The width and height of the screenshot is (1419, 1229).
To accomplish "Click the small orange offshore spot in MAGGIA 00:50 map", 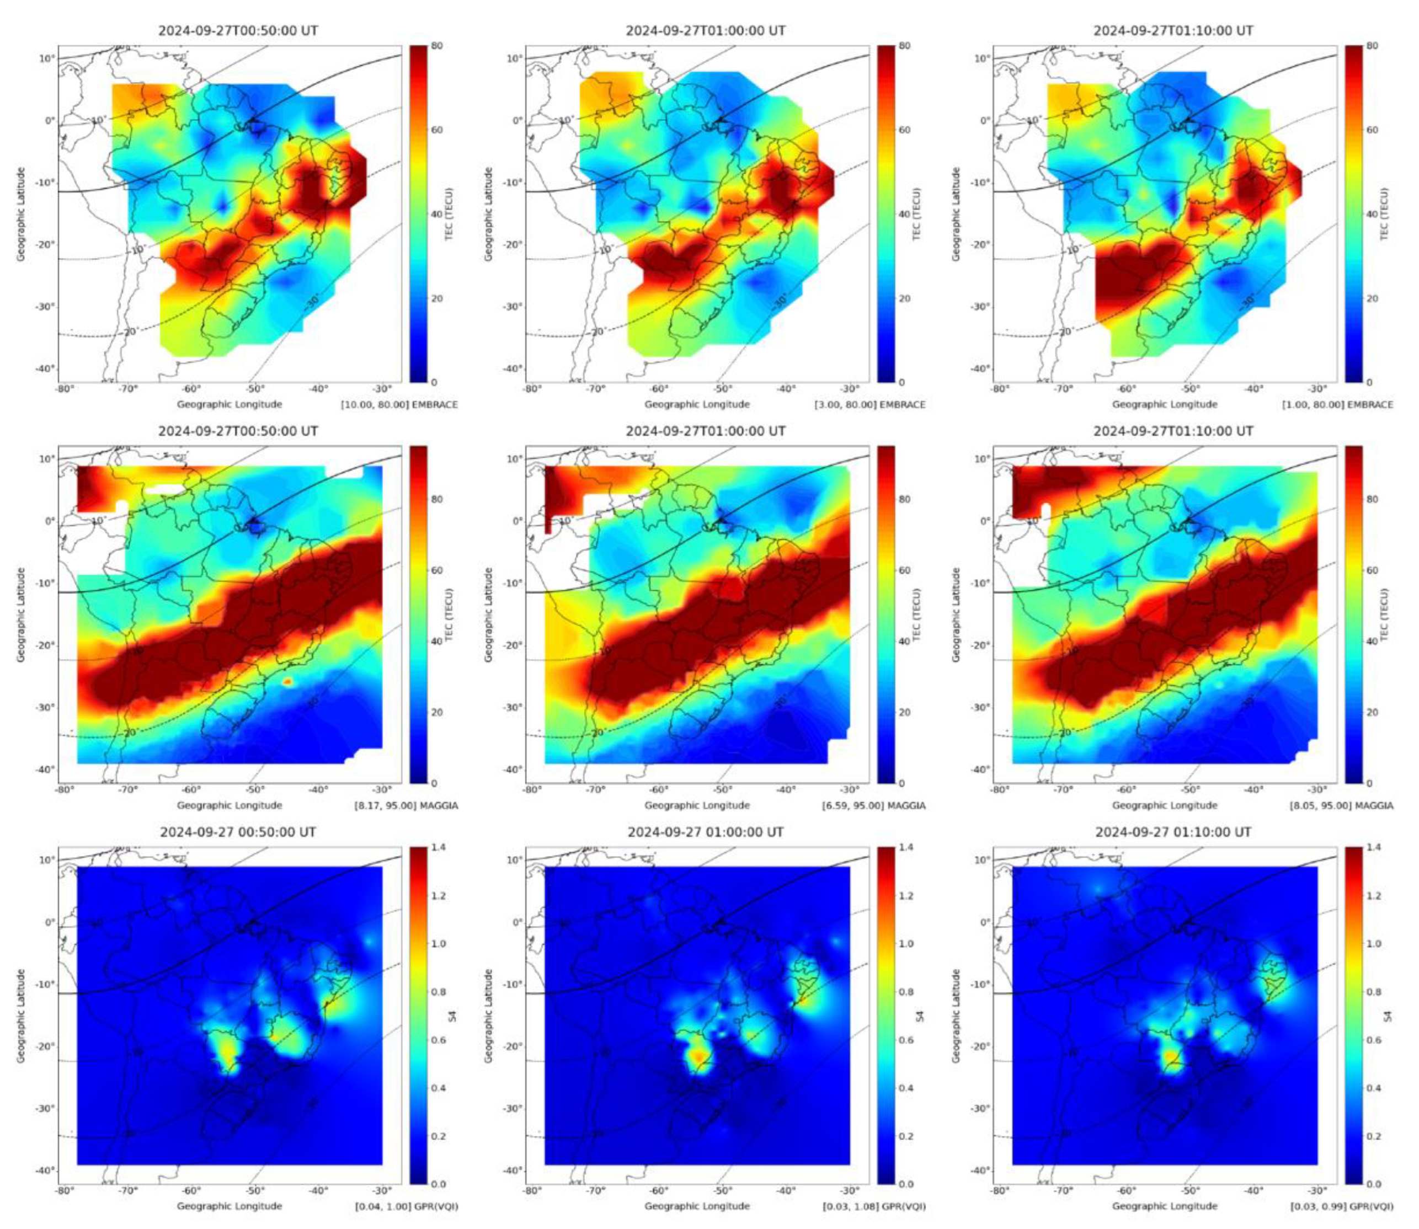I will (x=287, y=681).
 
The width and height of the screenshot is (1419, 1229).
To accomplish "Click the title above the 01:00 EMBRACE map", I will (x=705, y=31).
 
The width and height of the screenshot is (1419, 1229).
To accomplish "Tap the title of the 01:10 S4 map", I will (x=1173, y=832).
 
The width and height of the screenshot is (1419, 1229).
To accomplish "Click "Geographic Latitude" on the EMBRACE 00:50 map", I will (x=22, y=214).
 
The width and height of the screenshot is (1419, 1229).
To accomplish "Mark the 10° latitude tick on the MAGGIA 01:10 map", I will (x=982, y=459).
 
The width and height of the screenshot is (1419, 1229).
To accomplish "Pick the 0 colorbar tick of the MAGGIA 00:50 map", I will (x=435, y=783).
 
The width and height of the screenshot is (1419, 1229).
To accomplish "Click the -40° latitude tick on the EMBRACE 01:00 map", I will (x=513, y=369).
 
